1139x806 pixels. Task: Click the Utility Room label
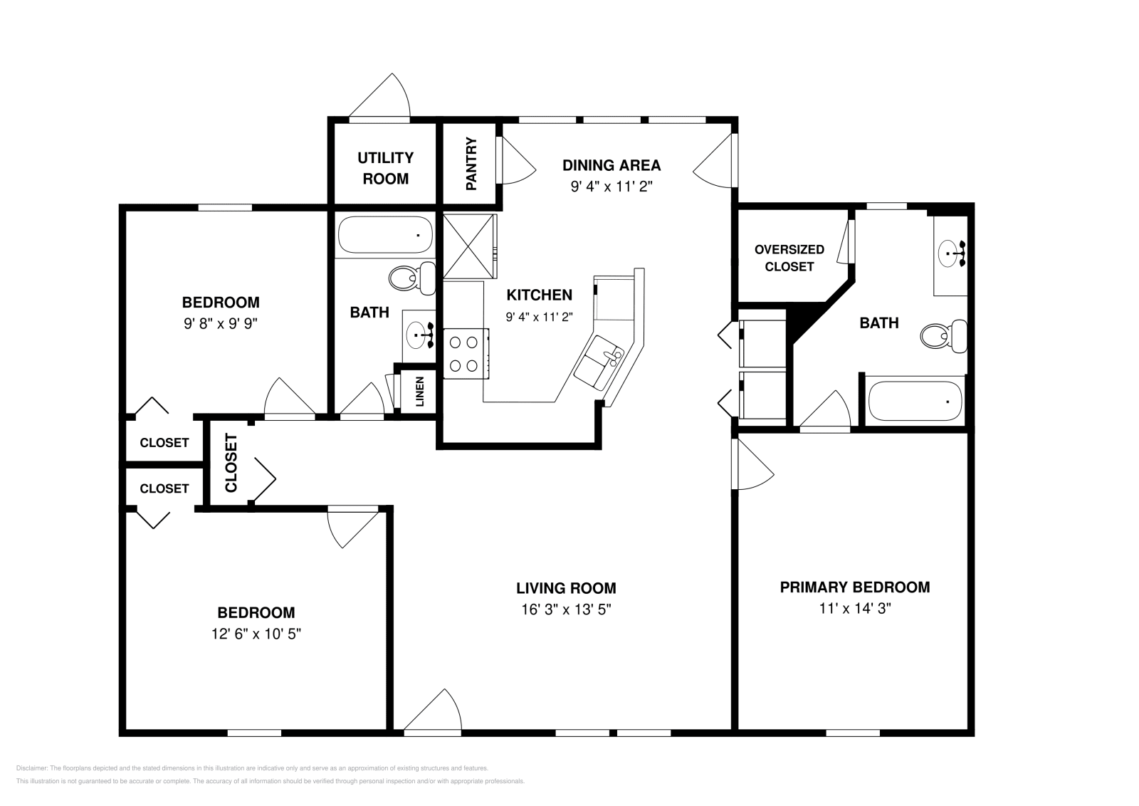coord(385,168)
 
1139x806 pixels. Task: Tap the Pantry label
coord(471,164)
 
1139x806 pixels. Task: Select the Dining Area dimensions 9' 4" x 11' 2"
coord(612,187)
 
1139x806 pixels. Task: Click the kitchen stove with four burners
coord(463,354)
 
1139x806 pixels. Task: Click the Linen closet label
coord(420,391)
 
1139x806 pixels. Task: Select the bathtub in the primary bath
coord(915,401)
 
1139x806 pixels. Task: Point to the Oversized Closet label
coord(789,258)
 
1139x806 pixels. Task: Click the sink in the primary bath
coord(950,253)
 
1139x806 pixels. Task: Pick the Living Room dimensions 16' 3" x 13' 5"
coord(566,609)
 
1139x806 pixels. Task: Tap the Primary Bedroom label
coord(854,587)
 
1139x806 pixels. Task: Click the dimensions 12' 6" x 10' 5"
coord(256,634)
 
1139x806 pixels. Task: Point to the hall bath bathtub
coord(384,234)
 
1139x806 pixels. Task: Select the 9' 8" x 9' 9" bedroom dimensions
coord(220,323)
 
